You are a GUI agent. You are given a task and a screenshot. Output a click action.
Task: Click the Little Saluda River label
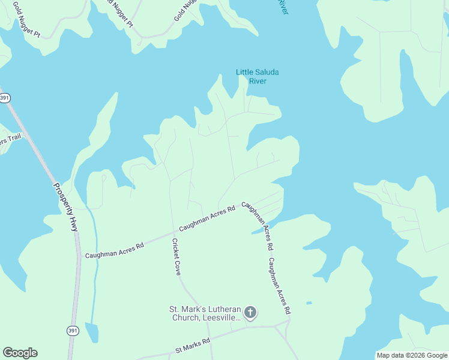pyautogui.click(x=257, y=77)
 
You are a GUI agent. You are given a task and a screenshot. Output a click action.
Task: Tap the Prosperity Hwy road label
pyautogui.click(x=66, y=207)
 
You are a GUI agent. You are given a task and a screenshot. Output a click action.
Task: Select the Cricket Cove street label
pyautogui.click(x=176, y=257)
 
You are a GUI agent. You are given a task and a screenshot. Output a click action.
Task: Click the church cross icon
pyautogui.click(x=250, y=312)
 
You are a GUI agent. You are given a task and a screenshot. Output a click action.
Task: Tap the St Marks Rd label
pyautogui.click(x=192, y=345)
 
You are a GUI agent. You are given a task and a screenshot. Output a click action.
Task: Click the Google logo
pyautogui.click(x=20, y=353)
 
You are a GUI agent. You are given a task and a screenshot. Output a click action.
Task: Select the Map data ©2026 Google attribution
pyautogui.click(x=412, y=355)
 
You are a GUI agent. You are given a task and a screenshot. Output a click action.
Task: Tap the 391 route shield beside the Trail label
pyautogui.click(x=5, y=98)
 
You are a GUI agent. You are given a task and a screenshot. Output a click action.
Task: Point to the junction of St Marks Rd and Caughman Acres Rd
pyautogui.click(x=288, y=325)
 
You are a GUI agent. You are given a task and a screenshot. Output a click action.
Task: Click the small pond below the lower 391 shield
pyautogui.click(x=91, y=332)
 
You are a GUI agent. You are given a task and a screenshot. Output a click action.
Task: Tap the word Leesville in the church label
pyautogui.click(x=219, y=317)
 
